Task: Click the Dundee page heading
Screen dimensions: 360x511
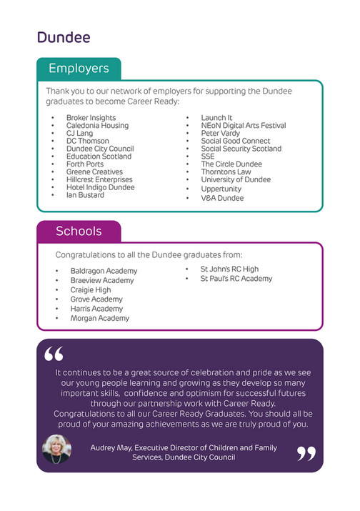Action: [x=64, y=37]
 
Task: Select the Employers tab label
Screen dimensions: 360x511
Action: [x=79, y=69]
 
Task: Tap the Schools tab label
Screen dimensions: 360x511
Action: [x=79, y=232]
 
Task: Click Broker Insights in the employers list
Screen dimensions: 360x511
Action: [x=91, y=118]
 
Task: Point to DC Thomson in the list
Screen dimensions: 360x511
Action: [x=88, y=141]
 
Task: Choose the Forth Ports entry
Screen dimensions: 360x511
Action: [x=85, y=164]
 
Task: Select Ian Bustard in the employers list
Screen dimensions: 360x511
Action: [x=85, y=195]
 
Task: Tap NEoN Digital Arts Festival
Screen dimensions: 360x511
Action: [x=243, y=126]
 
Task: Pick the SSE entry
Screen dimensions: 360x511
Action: [x=208, y=157]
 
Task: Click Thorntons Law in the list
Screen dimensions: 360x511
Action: [x=226, y=172]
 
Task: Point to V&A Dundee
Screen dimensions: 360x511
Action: [x=222, y=198]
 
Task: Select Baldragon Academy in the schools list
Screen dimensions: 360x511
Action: [x=104, y=272]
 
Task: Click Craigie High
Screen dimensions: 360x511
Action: [x=91, y=290]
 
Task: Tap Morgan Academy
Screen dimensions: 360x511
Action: [x=100, y=318]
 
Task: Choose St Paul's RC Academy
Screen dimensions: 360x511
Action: [x=236, y=279]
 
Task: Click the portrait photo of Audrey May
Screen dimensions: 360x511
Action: [x=57, y=448]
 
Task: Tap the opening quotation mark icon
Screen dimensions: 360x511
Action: [x=54, y=354]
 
